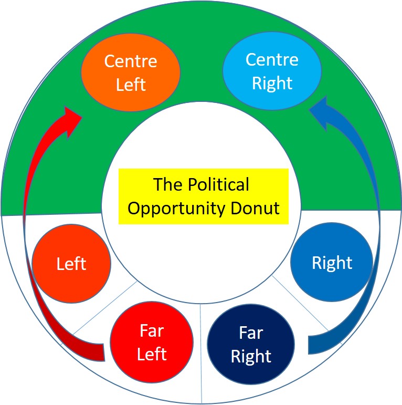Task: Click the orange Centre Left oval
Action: coord(131,72)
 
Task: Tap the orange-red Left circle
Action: coord(71,263)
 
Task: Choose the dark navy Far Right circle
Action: coord(251,345)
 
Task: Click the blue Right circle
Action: coord(332,262)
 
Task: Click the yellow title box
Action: coord(204,196)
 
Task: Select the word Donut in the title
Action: coord(257,208)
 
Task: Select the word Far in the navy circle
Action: coord(251,333)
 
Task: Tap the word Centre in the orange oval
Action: coord(131,61)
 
